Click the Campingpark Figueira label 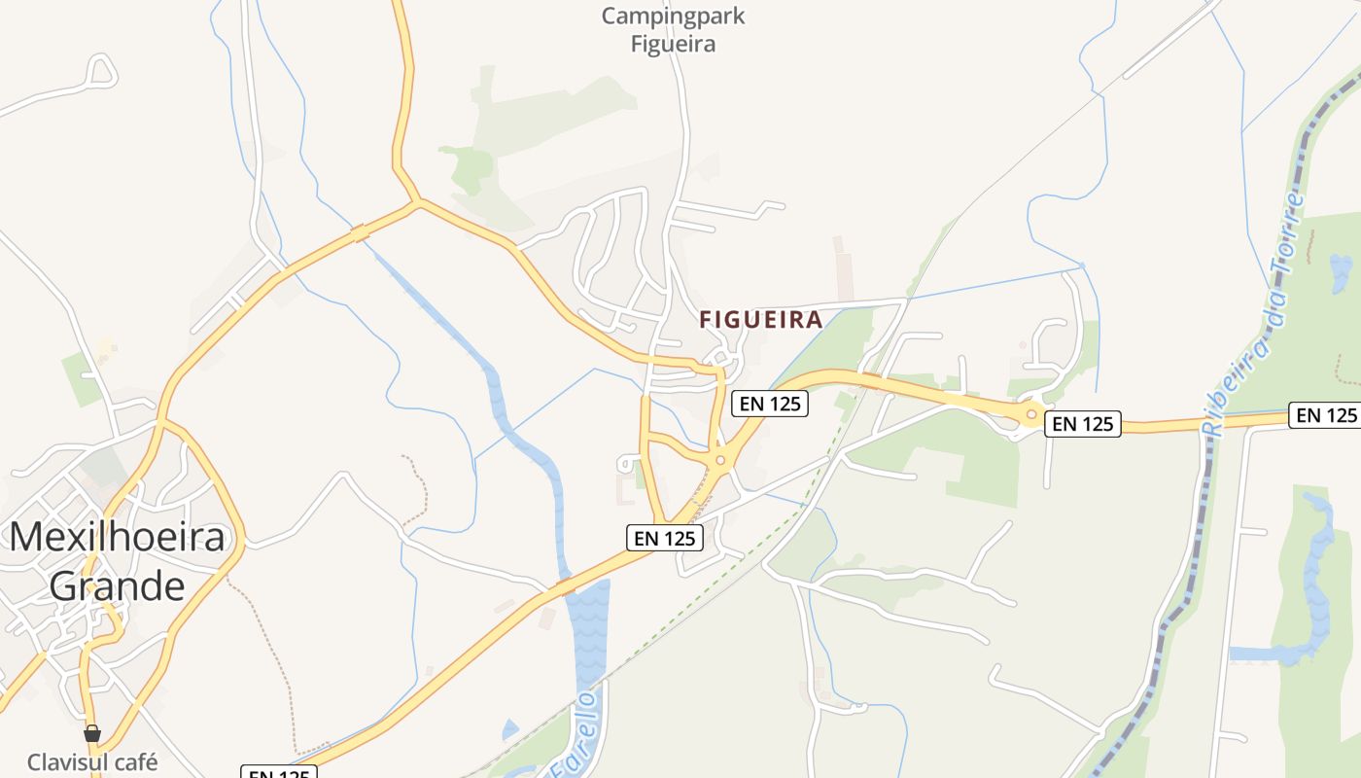pos(673,29)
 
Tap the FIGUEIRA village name pos(761,319)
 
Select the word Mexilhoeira pos(118,537)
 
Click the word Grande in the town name pos(117,586)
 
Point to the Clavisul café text pos(92,761)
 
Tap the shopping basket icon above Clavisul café pos(92,733)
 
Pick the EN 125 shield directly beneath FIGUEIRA pos(769,403)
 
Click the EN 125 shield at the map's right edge pos(1323,415)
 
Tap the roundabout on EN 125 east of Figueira pos(1031,414)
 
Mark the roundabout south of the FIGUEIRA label pos(720,461)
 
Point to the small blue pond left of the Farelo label pos(510,728)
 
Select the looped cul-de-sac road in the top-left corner pos(100,71)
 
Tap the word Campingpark pos(673,16)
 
